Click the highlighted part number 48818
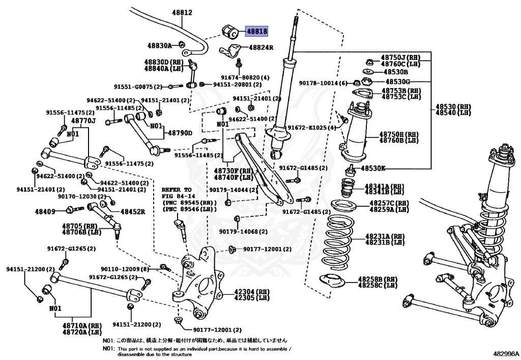coord(257,31)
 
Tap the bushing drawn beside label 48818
coord(231,32)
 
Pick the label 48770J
coord(83,121)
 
